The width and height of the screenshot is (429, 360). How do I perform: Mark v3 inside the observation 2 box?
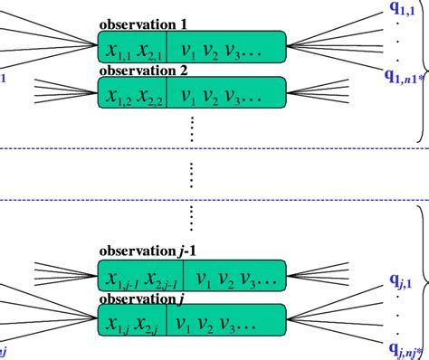pyautogui.click(x=237, y=94)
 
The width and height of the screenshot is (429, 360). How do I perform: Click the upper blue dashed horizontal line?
pyautogui.click(x=214, y=148)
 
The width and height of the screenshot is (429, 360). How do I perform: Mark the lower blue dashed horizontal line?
pyautogui.click(x=214, y=200)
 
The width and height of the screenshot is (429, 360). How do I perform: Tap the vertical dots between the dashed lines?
pyautogui.click(x=192, y=175)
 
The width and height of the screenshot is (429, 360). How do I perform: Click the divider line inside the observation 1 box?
pyautogui.click(x=167, y=45)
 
